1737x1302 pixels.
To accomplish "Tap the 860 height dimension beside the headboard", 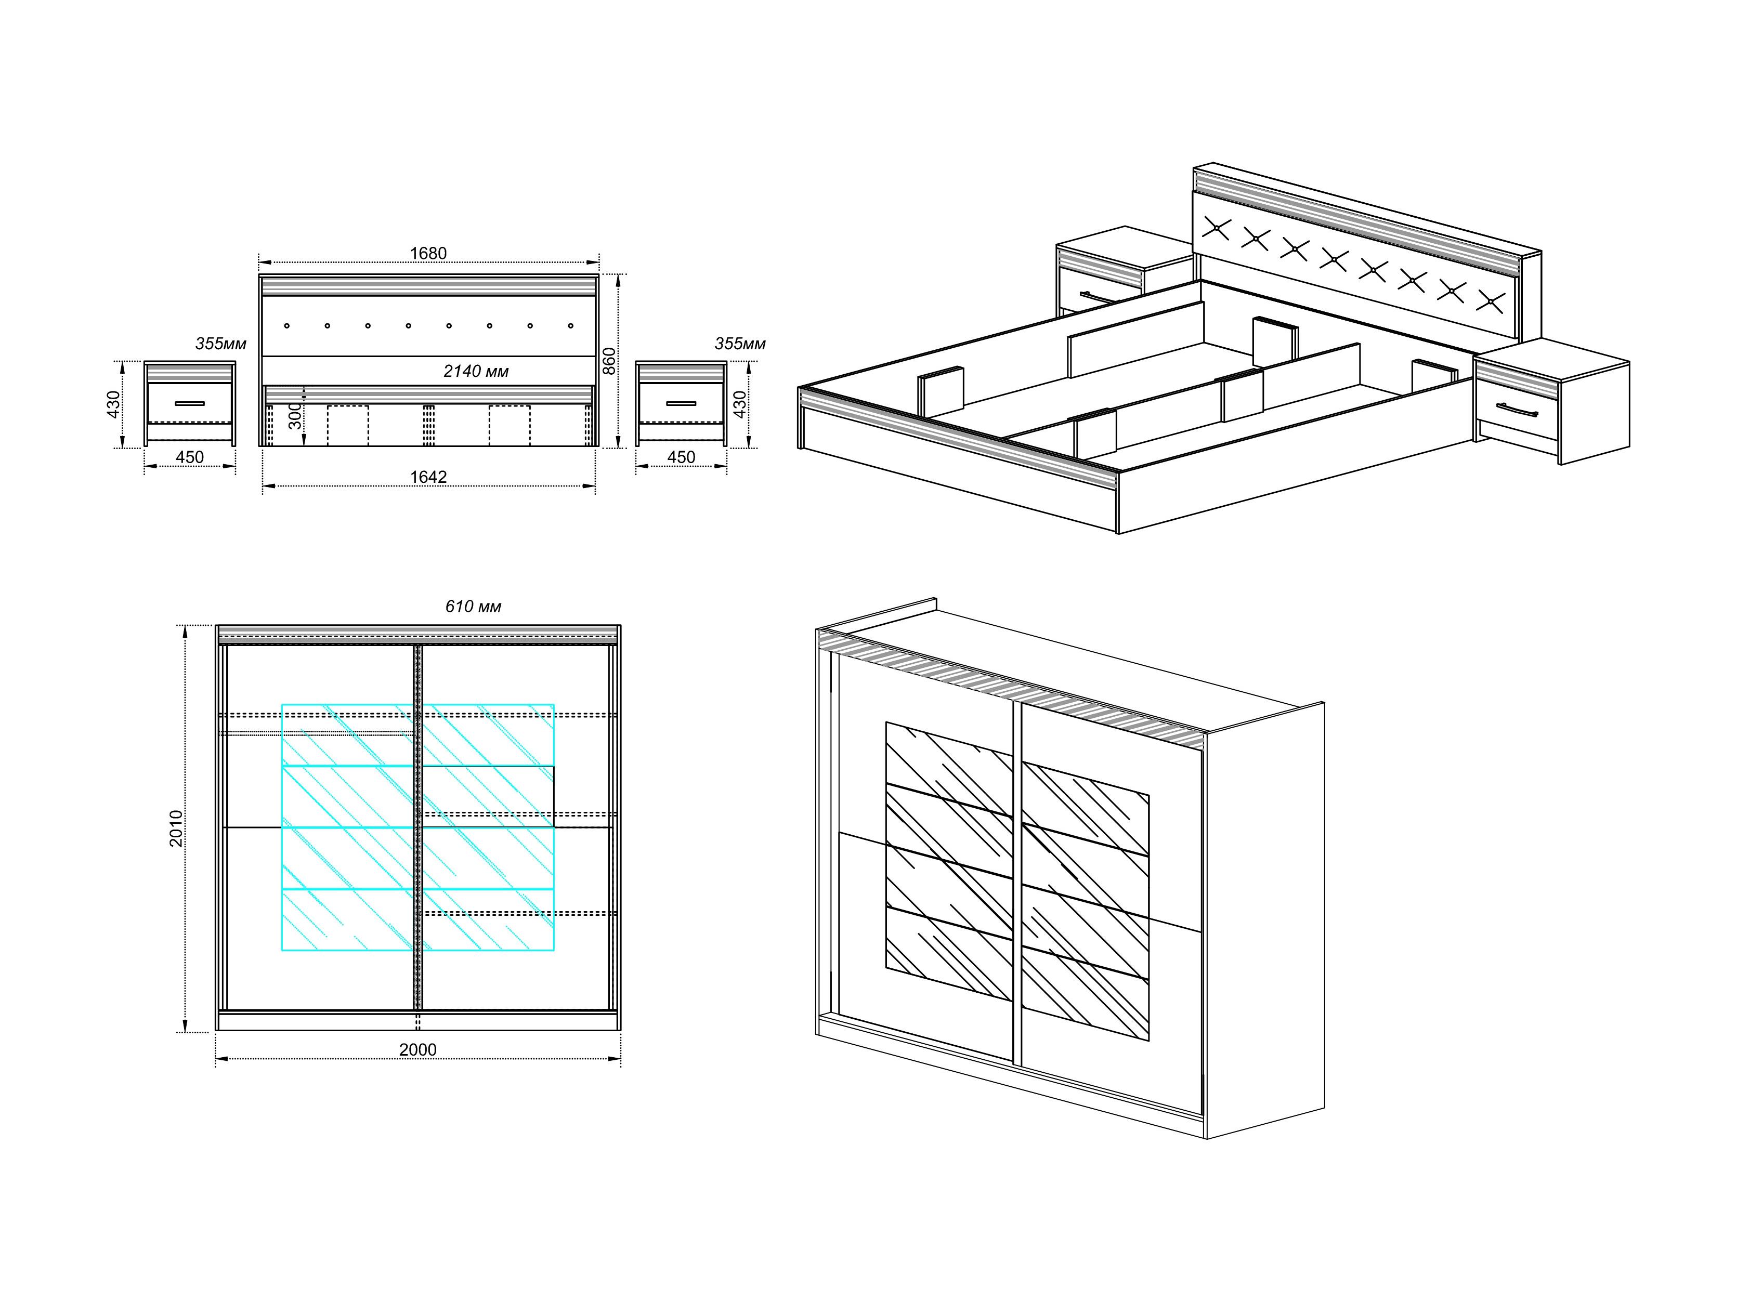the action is point(609,361).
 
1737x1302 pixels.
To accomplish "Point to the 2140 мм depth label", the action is point(476,371).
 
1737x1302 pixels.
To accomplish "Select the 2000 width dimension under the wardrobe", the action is point(418,1049).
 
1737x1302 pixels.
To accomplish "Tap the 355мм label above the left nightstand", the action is point(220,344).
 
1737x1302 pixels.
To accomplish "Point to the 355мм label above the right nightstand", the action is point(740,344).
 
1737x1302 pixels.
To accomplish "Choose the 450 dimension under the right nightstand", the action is point(681,457).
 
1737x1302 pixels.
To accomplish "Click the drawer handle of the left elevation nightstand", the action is point(189,403).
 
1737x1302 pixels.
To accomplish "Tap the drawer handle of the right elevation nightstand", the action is point(681,403).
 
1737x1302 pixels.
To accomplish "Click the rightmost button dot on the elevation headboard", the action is point(571,325).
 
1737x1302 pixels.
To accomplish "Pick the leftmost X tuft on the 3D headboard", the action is point(1216,228).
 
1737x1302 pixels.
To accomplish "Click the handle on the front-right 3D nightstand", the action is point(1517,409).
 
